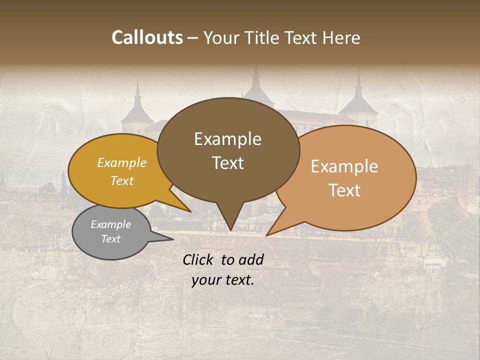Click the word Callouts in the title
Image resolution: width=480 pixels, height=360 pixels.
(147, 37)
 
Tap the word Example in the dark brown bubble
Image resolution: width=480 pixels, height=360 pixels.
(227, 139)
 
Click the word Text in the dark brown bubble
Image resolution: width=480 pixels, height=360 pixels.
(227, 163)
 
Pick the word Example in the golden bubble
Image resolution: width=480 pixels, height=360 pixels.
(122, 162)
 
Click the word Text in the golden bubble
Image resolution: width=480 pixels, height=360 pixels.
(122, 180)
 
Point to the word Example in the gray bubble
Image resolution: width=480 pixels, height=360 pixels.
(110, 224)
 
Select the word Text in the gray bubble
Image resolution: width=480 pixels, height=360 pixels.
(110, 238)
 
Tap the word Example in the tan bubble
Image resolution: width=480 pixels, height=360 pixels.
(344, 166)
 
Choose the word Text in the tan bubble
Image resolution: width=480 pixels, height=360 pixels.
(344, 190)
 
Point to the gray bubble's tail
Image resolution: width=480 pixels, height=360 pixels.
(160, 238)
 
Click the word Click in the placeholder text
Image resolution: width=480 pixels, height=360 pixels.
(199, 259)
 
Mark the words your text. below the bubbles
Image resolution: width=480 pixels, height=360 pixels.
(223, 280)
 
